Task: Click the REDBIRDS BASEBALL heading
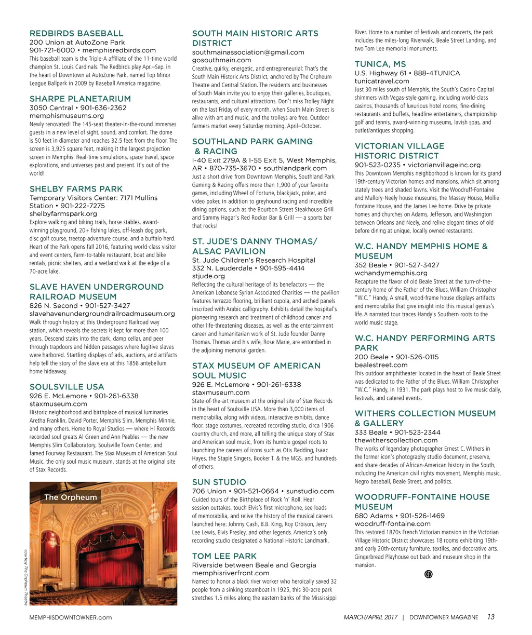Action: [76, 33]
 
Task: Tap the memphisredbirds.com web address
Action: [119, 50]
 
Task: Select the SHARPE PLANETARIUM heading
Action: [80, 99]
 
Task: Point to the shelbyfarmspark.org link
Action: [63, 214]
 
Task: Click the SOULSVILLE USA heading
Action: [66, 387]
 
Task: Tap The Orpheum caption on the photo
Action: [70, 497]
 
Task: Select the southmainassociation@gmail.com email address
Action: [248, 52]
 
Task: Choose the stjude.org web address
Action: [208, 276]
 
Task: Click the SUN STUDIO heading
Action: [219, 482]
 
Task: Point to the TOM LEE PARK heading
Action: [224, 556]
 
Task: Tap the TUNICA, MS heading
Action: [380, 64]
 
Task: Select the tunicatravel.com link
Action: [382, 81]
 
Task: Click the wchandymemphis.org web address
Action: [391, 273]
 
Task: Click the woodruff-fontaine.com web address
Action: [393, 524]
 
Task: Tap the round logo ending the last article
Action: [428, 574]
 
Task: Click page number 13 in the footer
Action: [490, 617]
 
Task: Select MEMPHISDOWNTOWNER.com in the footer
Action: [70, 618]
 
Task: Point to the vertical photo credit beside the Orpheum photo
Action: [25, 577]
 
